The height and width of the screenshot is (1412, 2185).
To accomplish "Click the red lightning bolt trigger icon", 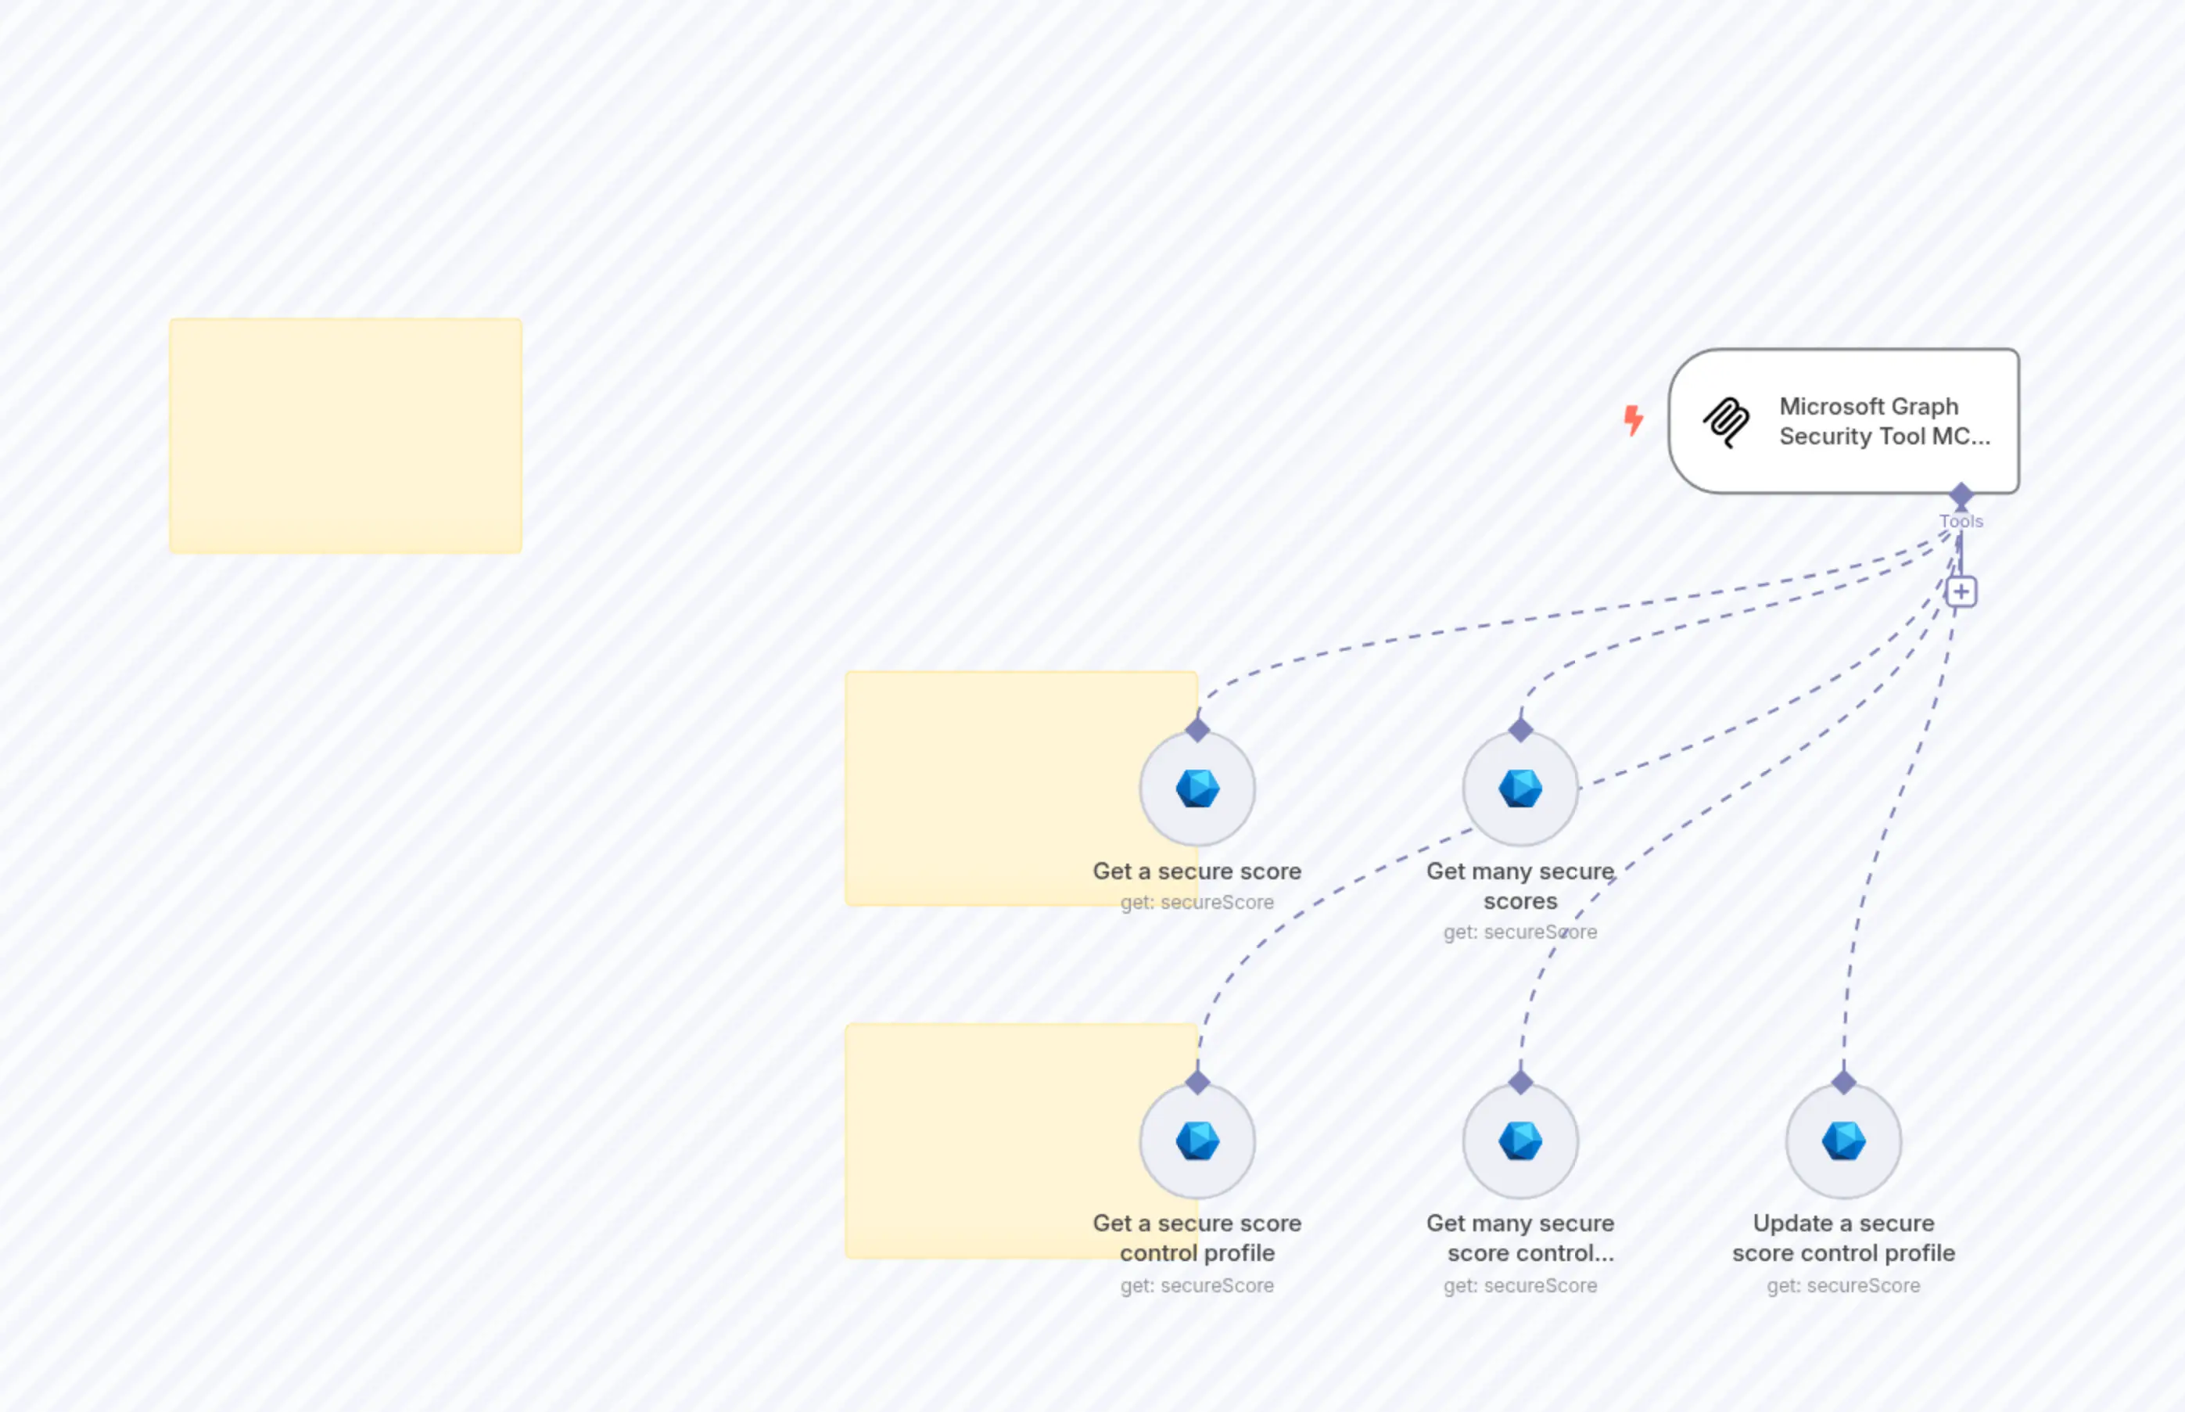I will [x=1632, y=420].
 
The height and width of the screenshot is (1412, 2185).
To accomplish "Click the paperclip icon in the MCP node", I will [x=1726, y=422].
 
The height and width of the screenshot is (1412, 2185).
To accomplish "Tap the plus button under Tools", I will [x=1961, y=591].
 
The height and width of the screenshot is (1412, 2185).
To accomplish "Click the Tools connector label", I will [x=1961, y=521].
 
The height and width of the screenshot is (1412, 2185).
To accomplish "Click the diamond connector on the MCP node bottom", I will [x=1961, y=495].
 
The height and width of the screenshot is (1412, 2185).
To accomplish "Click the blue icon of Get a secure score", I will [x=1197, y=789].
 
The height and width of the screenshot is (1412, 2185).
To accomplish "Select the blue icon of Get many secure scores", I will [x=1519, y=789].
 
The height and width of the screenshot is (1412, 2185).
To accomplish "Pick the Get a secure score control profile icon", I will [x=1197, y=1141].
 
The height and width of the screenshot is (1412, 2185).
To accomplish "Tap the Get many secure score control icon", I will [x=1519, y=1141].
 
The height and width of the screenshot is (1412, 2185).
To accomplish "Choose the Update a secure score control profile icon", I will [x=1843, y=1141].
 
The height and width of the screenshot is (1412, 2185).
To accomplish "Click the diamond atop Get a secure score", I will [x=1197, y=730].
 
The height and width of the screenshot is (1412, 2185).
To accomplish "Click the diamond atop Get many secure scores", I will [x=1520, y=730].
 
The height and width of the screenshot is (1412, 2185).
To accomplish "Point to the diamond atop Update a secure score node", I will [x=1843, y=1082].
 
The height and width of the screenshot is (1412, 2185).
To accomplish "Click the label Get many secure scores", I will [x=1519, y=886].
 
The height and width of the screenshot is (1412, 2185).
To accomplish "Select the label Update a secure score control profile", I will [x=1843, y=1238].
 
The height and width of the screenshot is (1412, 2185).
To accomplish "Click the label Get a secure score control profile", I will [x=1197, y=1238].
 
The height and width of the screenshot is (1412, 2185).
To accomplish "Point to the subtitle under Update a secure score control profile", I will [x=1843, y=1285].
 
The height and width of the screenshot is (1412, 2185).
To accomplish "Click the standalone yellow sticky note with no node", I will [x=346, y=436].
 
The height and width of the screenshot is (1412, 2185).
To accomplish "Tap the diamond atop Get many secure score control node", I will [x=1520, y=1082].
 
